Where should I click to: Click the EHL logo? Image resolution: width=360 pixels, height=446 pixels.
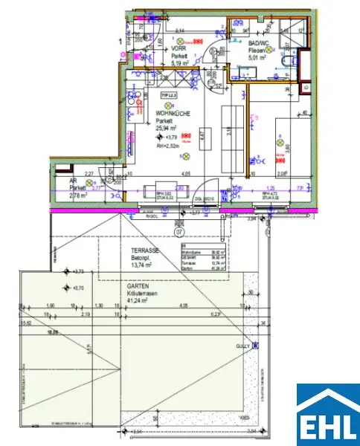pos(328,415)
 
